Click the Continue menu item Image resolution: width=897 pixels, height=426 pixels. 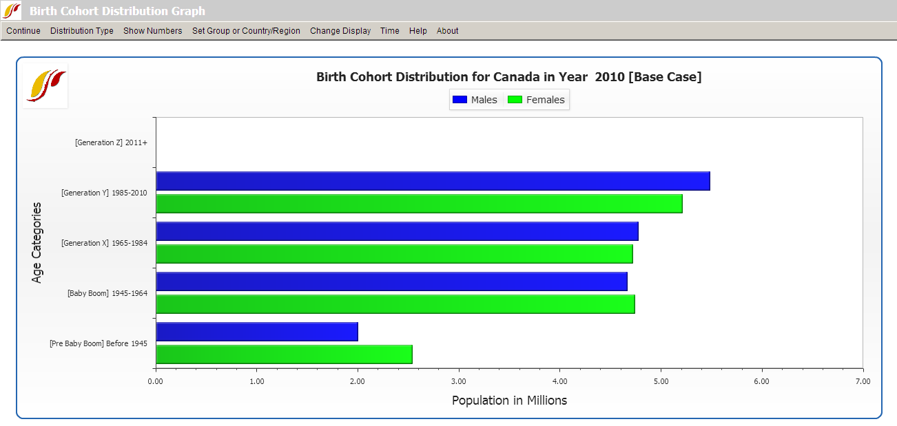tap(23, 31)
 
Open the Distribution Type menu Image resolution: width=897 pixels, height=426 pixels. tap(82, 31)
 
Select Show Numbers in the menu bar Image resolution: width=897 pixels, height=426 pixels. tap(153, 31)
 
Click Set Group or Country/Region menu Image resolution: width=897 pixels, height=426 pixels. tap(246, 31)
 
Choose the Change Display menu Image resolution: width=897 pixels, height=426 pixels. tap(340, 31)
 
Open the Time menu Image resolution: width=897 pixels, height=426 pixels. tap(390, 31)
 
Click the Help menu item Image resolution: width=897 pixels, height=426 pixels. tap(418, 31)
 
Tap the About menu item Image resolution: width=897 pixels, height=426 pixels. tap(448, 31)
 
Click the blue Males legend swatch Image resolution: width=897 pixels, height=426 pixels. tap(460, 100)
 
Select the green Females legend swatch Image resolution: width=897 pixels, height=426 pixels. tap(515, 100)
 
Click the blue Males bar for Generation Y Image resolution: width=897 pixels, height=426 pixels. tap(433, 181)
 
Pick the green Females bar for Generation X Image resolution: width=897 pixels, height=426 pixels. tap(394, 254)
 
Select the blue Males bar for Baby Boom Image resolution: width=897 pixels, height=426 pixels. tap(391, 281)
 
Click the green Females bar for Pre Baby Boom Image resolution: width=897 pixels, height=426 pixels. tap(284, 354)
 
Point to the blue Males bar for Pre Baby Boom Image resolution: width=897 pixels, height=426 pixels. tap(257, 332)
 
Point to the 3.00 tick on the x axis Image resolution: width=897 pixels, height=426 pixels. tap(459, 381)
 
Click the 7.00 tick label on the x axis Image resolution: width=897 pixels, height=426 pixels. tap(863, 381)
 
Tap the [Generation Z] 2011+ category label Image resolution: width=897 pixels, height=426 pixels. tap(111, 142)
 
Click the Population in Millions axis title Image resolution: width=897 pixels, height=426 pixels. tap(509, 401)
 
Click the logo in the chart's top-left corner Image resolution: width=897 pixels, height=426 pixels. tap(46, 86)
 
